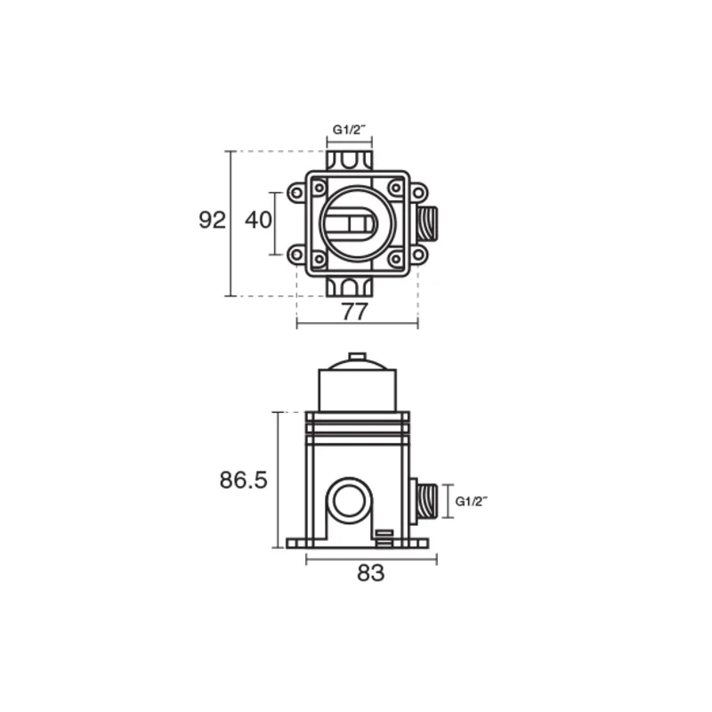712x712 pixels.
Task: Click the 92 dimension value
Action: [x=212, y=220]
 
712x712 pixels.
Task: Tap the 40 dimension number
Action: [x=258, y=220]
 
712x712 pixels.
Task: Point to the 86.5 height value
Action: [x=243, y=481]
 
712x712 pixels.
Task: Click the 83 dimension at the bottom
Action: [x=370, y=573]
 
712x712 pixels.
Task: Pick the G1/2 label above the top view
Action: [x=349, y=130]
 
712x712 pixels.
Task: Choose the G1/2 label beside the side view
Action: [x=472, y=501]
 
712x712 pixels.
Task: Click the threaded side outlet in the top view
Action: [x=427, y=223]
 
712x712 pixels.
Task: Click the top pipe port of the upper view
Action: [x=349, y=161]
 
